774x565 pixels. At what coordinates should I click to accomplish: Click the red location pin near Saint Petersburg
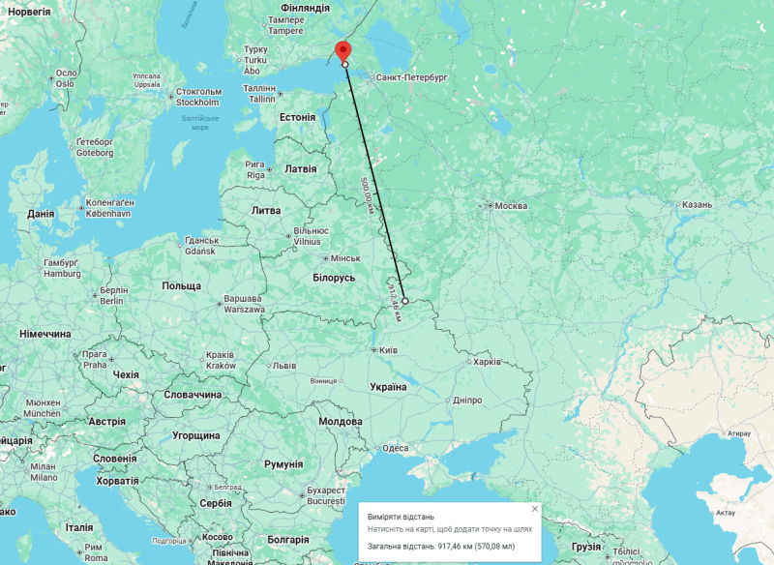342,51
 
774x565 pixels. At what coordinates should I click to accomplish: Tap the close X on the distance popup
534,508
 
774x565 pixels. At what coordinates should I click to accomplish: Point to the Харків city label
486,362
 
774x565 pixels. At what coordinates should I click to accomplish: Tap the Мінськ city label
344,259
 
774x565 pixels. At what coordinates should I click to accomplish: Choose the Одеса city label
395,448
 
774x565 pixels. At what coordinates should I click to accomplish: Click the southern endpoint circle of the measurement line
405,301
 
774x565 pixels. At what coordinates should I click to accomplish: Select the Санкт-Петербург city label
412,75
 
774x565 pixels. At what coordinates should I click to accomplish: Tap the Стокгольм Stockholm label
197,97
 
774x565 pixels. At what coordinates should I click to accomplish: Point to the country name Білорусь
335,278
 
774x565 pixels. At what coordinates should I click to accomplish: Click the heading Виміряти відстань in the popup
400,518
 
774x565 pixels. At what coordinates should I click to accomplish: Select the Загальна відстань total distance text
447,547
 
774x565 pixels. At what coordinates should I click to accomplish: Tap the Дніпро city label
467,400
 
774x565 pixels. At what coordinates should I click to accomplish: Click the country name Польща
181,286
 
